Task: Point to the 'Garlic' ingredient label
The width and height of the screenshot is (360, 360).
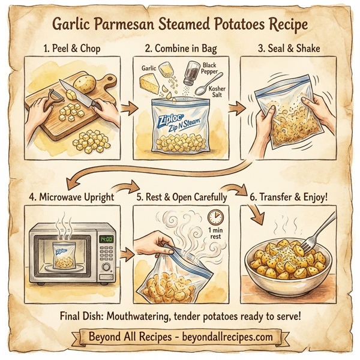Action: tap(148, 69)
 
